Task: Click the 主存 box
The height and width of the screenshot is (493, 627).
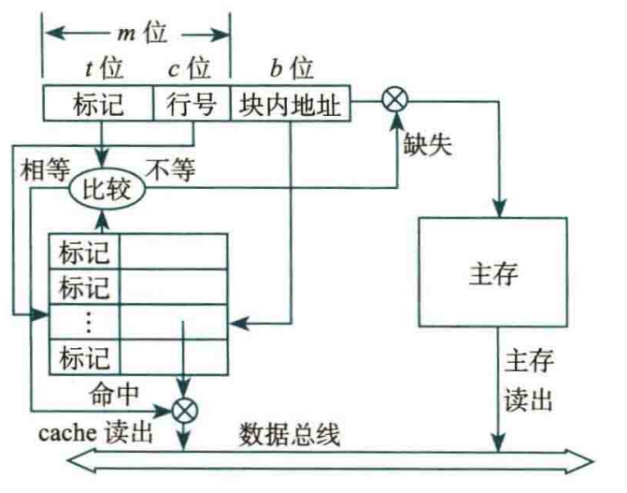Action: pyautogui.click(x=492, y=275)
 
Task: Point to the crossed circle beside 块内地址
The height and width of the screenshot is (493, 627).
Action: pyautogui.click(x=391, y=98)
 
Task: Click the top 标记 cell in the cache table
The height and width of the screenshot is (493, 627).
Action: pyautogui.click(x=83, y=253)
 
